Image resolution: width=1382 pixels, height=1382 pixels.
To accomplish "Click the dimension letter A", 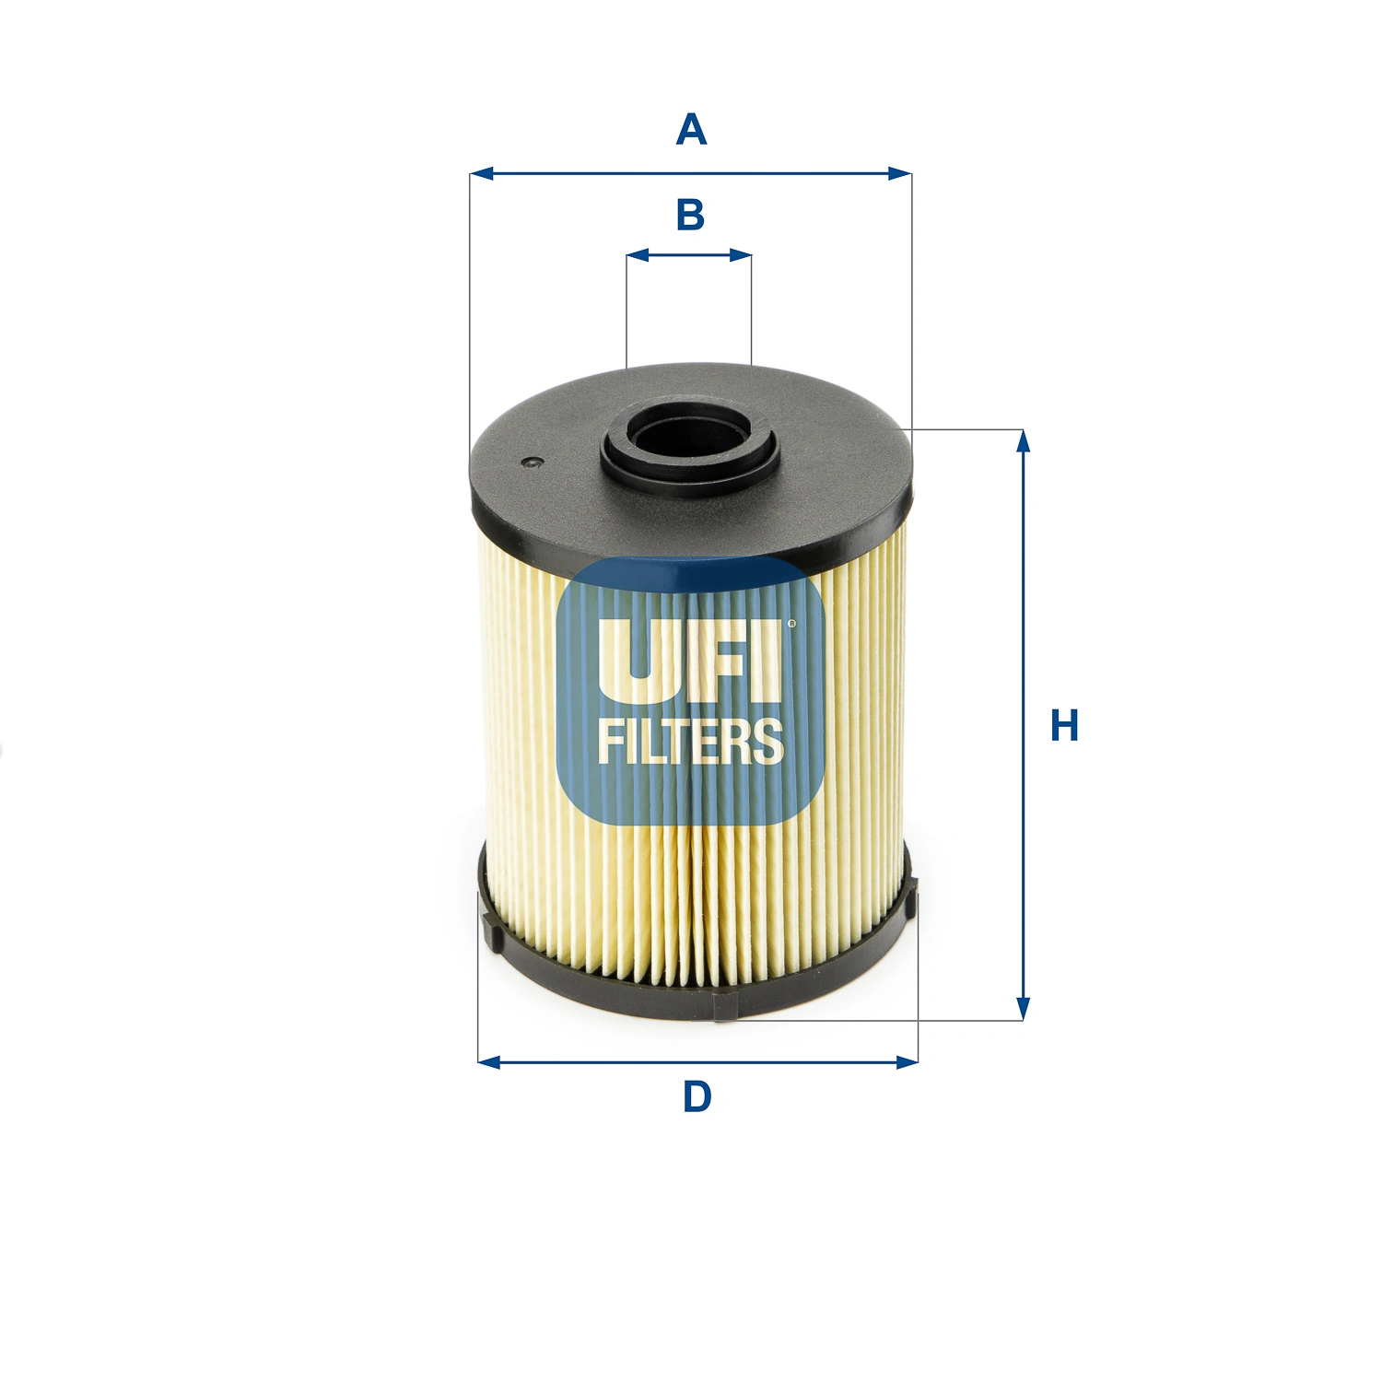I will tap(691, 130).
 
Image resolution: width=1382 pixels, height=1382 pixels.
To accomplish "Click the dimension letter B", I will tap(690, 215).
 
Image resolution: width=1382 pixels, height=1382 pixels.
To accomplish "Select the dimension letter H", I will tap(1064, 726).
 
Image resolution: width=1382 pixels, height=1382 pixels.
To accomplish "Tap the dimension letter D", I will tap(697, 1097).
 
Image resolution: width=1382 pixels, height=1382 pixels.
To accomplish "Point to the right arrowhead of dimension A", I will tap(900, 173).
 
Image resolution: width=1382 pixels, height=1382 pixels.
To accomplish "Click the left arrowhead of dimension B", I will tap(637, 255).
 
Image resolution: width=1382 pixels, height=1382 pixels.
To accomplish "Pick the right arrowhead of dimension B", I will tap(741, 255).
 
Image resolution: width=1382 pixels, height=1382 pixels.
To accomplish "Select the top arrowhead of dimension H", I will tap(1023, 441).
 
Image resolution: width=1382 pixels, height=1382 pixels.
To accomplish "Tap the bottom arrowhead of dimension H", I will tap(1023, 1009).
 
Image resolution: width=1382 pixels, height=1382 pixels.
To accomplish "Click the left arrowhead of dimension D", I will tap(489, 1062).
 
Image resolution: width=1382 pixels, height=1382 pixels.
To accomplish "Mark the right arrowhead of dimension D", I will tap(908, 1062).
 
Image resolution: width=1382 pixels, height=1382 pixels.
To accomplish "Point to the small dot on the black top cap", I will tap(530, 463).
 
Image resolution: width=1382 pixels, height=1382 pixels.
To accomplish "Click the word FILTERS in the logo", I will tap(691, 743).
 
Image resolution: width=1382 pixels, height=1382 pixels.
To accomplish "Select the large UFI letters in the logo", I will tap(689, 660).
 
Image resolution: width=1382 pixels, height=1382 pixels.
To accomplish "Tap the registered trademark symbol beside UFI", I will tap(791, 624).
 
